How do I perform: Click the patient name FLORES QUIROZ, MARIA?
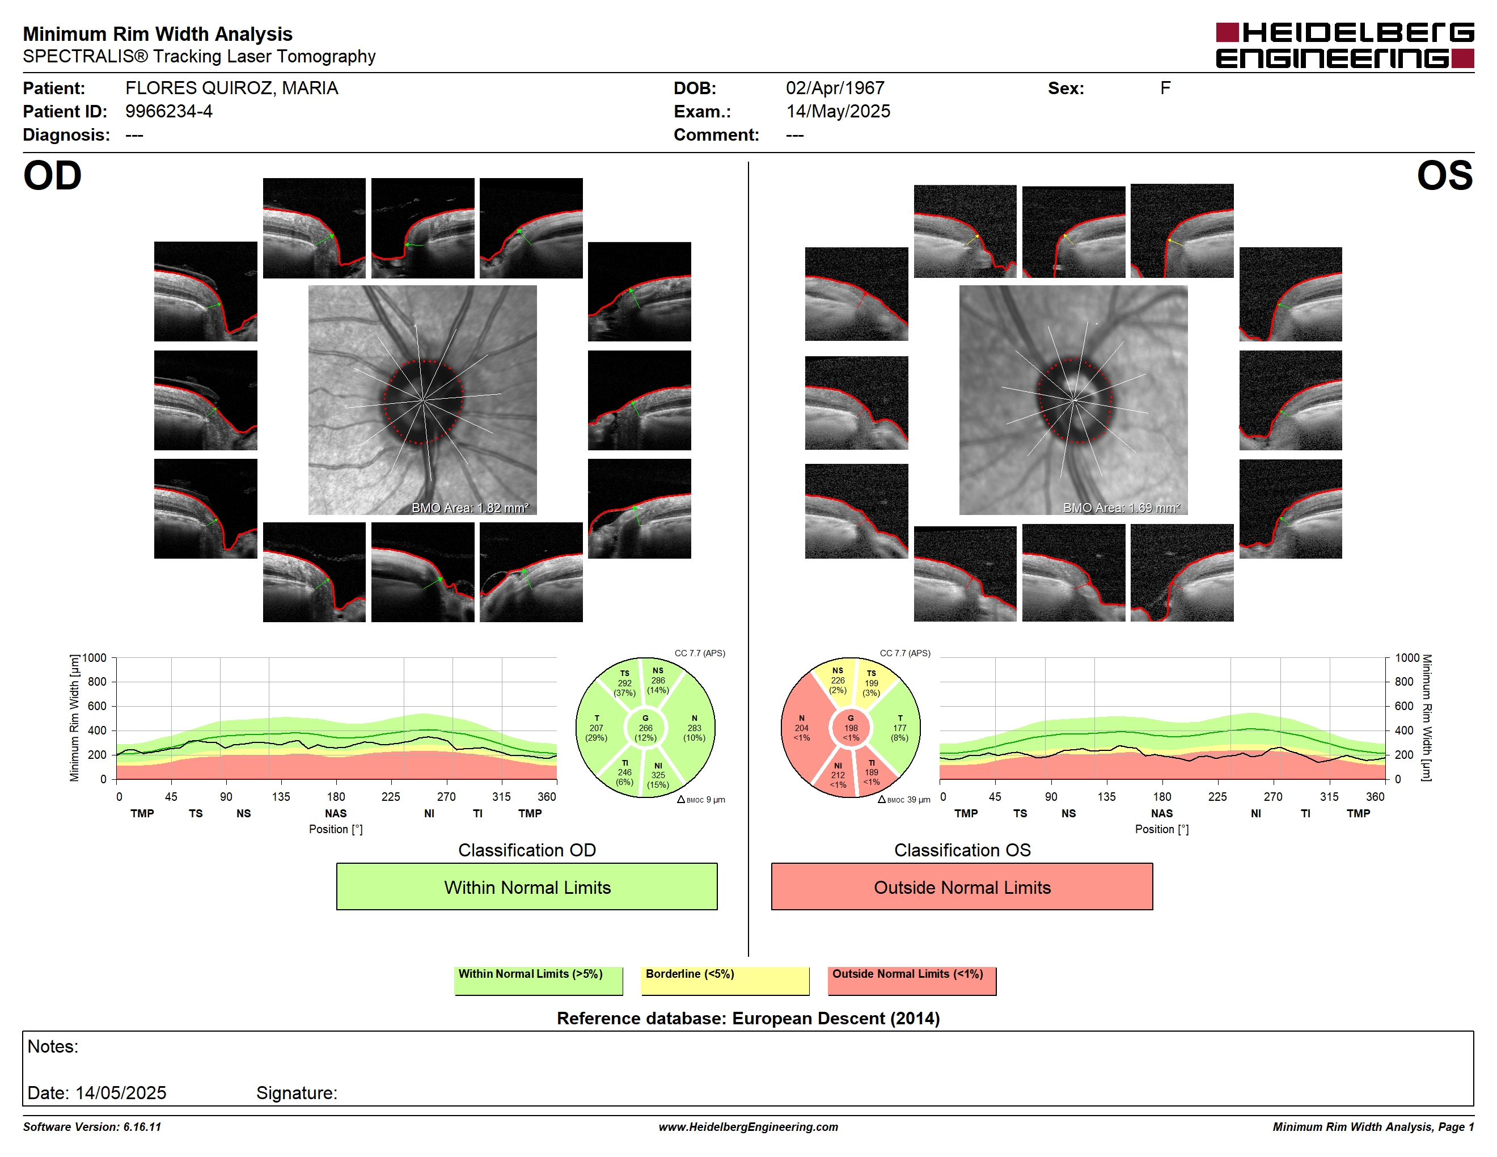(232, 88)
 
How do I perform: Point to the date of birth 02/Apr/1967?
(835, 88)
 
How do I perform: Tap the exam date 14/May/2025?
(838, 112)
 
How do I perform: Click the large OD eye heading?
(53, 176)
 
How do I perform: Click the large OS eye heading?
(1444, 176)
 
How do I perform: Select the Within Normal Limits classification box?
(526, 886)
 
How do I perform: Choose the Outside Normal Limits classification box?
(962, 886)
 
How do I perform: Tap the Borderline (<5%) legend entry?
(725, 980)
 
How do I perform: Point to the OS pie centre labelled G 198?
(851, 728)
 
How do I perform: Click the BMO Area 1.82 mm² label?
(470, 508)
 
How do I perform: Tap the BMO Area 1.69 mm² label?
(1122, 508)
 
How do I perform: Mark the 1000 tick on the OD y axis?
(95, 658)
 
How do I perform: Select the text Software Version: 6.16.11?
(92, 1127)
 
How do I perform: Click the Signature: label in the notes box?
(297, 1092)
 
